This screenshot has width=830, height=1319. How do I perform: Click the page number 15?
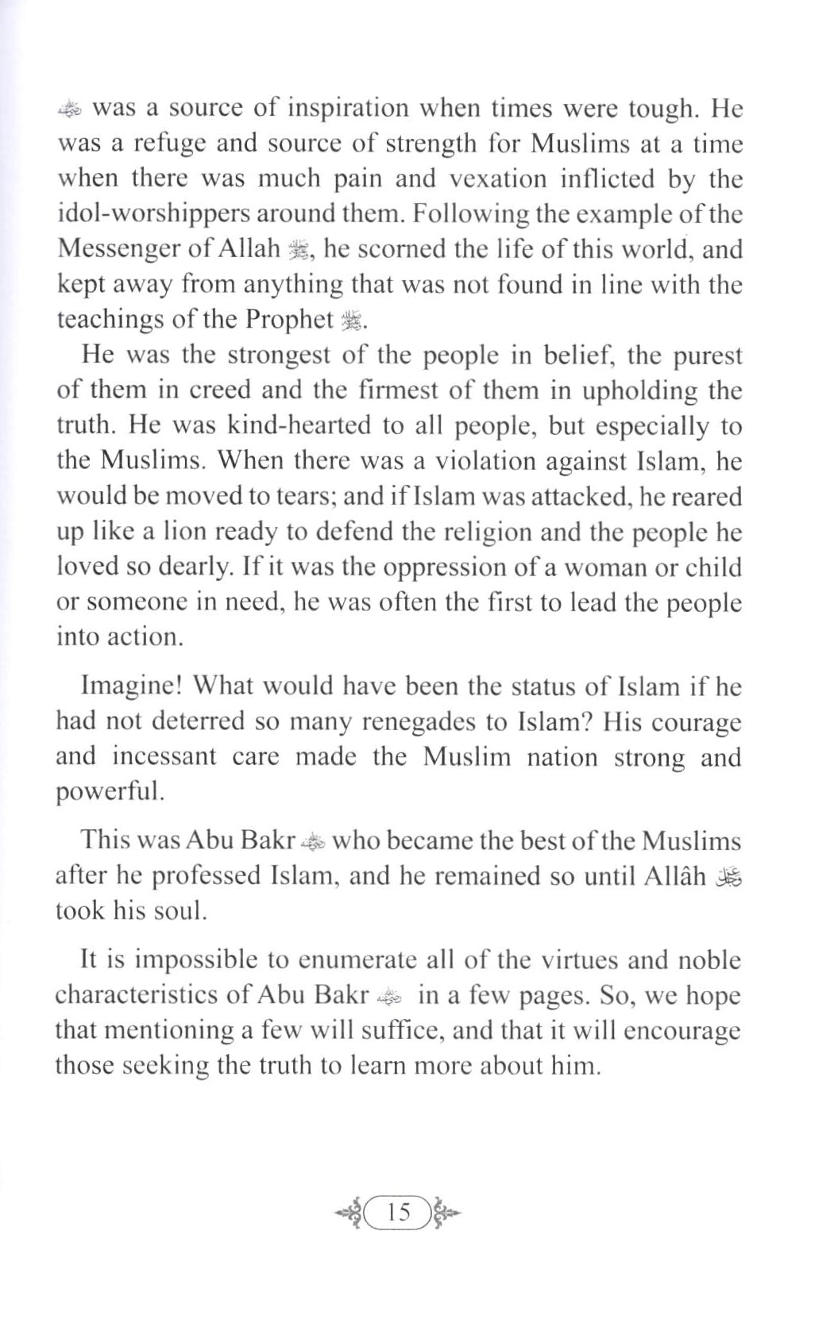point(399,1213)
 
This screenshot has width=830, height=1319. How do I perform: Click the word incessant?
point(164,756)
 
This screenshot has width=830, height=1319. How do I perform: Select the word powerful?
point(109,793)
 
